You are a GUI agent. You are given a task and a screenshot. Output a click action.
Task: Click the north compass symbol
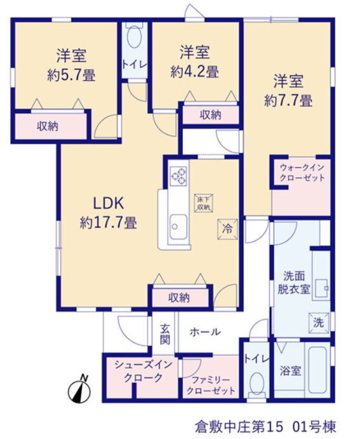pos(80,389)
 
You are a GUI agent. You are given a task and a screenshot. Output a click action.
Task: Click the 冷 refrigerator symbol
pos(228,229)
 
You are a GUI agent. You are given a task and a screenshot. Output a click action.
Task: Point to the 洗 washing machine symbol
pos(319,323)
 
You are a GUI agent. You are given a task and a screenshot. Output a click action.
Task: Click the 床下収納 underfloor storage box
pos(204,203)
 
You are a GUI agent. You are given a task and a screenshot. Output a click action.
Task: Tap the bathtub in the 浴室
pos(317,370)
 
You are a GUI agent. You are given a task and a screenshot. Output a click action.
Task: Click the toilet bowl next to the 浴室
pos(257,385)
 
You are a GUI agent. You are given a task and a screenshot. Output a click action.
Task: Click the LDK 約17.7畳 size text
pos(109,213)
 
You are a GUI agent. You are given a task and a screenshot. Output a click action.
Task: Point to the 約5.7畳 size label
pos(71,76)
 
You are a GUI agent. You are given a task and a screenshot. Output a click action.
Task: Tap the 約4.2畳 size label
pos(195,72)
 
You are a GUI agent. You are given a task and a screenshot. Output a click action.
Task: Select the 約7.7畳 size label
pos(288,100)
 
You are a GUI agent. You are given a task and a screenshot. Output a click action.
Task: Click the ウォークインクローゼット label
pos(302,173)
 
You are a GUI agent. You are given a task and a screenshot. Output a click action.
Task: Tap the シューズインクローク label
pos(143,371)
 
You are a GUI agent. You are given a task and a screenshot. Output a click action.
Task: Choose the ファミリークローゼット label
pos(211,385)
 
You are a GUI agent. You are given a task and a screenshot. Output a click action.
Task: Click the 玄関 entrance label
pos(164,334)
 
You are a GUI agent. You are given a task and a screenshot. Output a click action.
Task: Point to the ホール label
pos(205,332)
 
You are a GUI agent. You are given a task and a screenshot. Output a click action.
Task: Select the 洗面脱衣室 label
pos(294,283)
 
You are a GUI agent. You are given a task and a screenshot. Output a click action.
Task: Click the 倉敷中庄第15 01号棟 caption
pos(265,427)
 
